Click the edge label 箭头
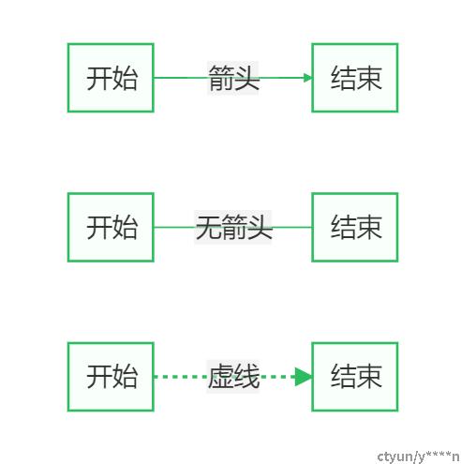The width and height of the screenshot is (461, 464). point(233,78)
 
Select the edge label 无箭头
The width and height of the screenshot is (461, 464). point(233,227)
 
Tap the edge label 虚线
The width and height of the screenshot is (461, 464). point(233,376)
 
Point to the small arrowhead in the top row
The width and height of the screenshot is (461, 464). point(307,78)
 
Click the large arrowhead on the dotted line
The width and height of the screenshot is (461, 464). point(303,377)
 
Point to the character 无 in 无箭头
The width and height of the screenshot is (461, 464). point(208,227)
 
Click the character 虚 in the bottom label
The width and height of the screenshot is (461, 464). point(221,376)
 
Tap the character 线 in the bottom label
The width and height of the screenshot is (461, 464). point(246,376)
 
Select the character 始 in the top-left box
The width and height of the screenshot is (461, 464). point(125,78)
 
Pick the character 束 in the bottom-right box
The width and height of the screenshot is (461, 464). point(369,377)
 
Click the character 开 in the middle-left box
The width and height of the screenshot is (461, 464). point(99,227)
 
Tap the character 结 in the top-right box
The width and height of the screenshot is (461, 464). point(344,78)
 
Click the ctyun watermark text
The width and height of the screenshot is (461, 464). point(418,457)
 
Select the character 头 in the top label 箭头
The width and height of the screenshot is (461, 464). point(246,78)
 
